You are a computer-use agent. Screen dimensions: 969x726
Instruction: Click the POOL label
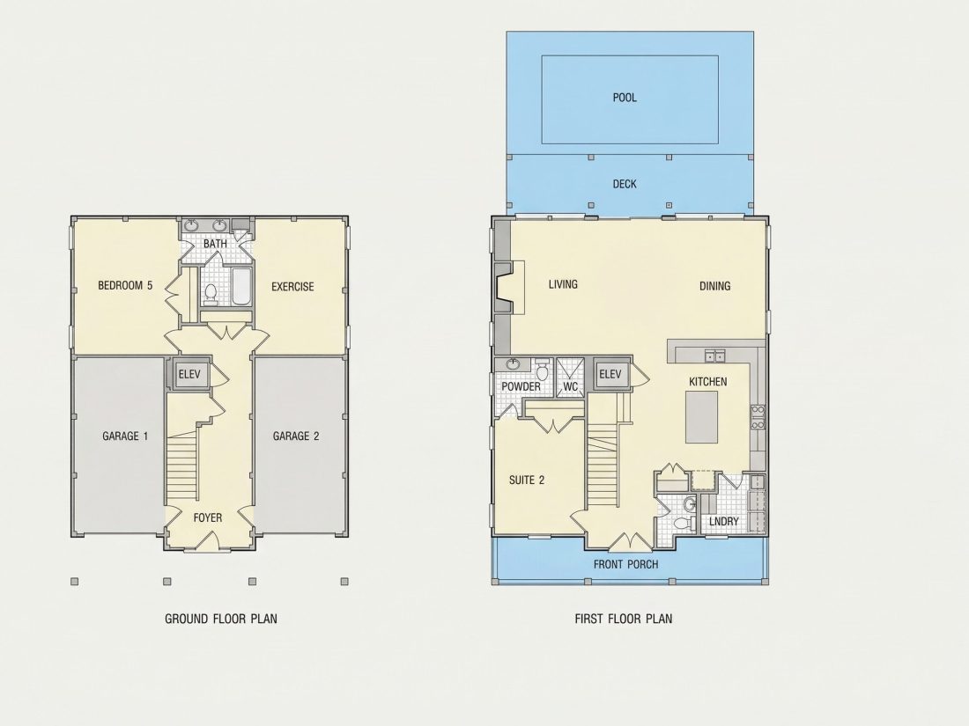[x=625, y=98]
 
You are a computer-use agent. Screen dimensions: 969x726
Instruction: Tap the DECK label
[x=625, y=184]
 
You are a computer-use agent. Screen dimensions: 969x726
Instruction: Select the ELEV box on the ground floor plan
[x=189, y=374]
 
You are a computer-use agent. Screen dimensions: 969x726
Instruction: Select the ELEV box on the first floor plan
[x=610, y=374]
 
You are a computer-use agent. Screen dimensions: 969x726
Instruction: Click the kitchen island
[x=701, y=417]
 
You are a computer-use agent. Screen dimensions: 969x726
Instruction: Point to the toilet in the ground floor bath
[x=211, y=295]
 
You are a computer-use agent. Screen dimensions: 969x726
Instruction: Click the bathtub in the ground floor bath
[x=240, y=287]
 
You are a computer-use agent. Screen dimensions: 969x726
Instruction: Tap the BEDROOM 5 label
[x=125, y=285]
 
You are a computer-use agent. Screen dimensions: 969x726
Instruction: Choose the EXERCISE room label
[x=292, y=287]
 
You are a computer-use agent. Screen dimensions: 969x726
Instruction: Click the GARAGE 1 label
[x=125, y=436]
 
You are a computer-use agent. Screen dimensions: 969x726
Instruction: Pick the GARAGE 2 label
[x=296, y=436]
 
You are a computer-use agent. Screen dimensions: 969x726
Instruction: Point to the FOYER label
[x=208, y=518]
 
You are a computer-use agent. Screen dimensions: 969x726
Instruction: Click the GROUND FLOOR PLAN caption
[x=220, y=619]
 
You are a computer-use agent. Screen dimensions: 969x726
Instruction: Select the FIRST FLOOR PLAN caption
[x=624, y=619]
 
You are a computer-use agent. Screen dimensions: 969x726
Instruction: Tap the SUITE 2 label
[x=527, y=480]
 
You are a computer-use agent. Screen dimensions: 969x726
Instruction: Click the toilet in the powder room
[x=542, y=370]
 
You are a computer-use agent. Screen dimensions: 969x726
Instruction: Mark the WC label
[x=571, y=387]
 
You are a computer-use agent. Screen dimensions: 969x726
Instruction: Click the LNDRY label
[x=723, y=522]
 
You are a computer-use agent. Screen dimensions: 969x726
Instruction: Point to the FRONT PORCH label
[x=625, y=564]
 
